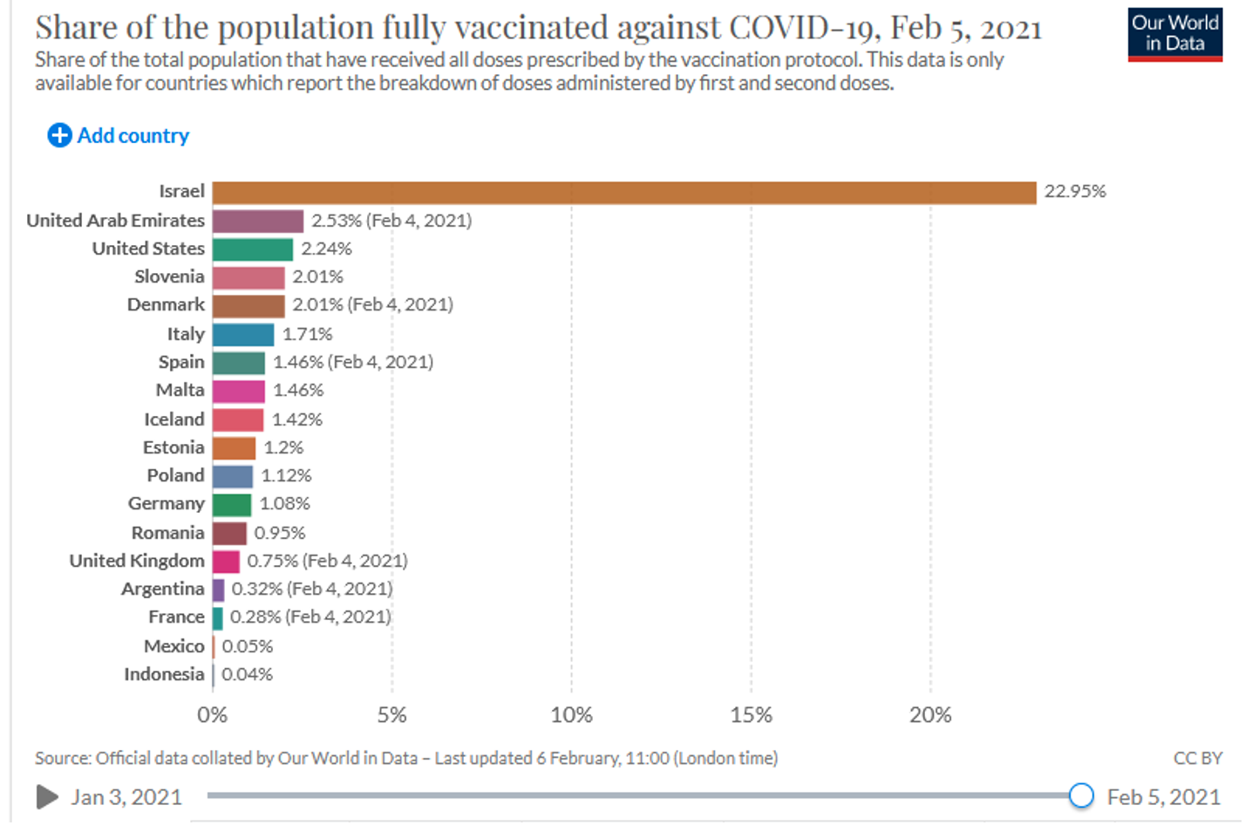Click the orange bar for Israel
(x=623, y=193)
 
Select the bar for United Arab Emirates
(x=258, y=221)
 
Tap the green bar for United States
(x=253, y=249)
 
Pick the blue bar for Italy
(x=243, y=334)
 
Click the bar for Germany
(x=232, y=504)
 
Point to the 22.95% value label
(x=1075, y=192)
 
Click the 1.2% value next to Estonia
(x=283, y=448)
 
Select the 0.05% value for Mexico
(x=248, y=646)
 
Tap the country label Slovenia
(x=169, y=276)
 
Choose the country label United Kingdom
(x=137, y=561)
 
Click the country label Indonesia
(x=164, y=674)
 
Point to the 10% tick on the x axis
(x=571, y=715)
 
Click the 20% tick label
(x=930, y=715)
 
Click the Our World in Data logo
(x=1174, y=34)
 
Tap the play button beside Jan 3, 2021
(x=48, y=796)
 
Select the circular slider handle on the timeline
(x=1081, y=795)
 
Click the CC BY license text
(x=1197, y=758)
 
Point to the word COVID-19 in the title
(x=805, y=28)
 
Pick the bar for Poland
(x=233, y=476)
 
